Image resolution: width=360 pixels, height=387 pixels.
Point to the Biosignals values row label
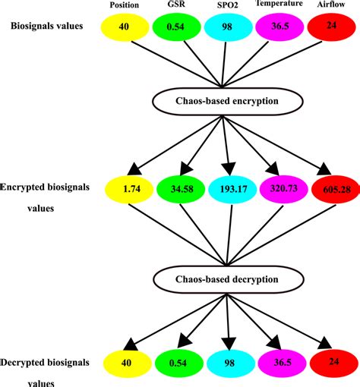coord(47,26)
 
